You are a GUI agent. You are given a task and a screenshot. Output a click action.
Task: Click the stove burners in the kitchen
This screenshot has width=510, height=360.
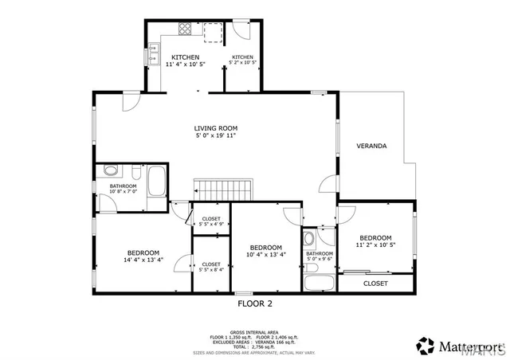(x=185, y=30)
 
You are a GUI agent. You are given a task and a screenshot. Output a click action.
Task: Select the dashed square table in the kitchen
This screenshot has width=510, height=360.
(x=212, y=32)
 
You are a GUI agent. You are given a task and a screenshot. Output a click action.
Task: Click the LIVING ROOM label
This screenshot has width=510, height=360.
(x=216, y=128)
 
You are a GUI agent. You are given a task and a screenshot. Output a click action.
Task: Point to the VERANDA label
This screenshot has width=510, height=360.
(x=371, y=147)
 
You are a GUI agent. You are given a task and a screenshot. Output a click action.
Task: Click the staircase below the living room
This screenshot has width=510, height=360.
(x=224, y=190)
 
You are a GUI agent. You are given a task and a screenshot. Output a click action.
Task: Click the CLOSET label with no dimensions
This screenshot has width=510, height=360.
(x=375, y=284)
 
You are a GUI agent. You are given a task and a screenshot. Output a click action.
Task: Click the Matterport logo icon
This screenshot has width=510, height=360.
(x=426, y=345)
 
